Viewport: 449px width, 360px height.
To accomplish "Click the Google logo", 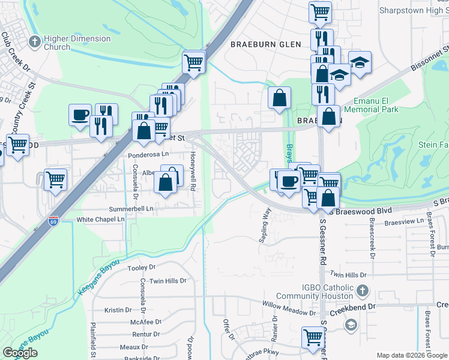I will (20, 353).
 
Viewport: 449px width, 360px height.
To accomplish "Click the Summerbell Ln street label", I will (131, 209).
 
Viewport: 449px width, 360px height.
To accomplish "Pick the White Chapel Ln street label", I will (100, 220).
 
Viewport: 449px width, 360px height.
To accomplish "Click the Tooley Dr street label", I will (142, 268).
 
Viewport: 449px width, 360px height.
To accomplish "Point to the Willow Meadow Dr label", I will (289, 313).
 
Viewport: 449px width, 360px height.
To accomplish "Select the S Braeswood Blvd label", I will (364, 211).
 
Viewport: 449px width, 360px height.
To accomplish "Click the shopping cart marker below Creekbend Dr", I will (313, 338).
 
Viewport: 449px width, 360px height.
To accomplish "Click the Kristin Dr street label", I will (118, 310).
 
